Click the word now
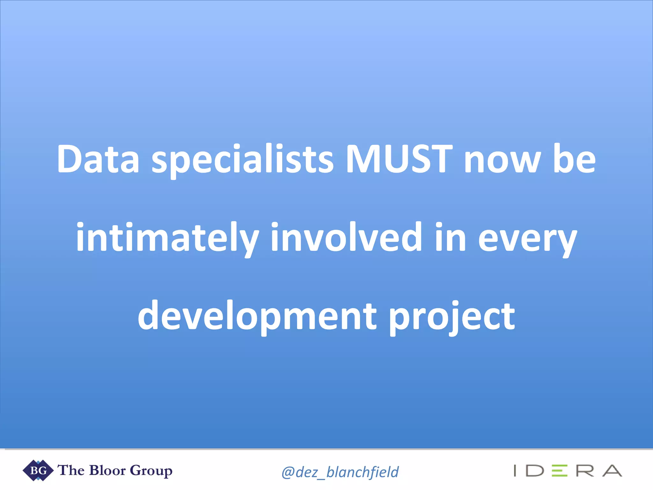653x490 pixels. click(503, 161)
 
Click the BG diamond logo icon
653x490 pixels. click(38, 470)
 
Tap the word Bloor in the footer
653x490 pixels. click(107, 470)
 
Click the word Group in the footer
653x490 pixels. click(151, 471)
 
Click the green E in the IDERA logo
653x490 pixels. click(560, 471)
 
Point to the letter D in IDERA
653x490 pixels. click(535, 471)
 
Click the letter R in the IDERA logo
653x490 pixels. click(585, 471)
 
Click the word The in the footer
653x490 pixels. click(71, 470)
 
